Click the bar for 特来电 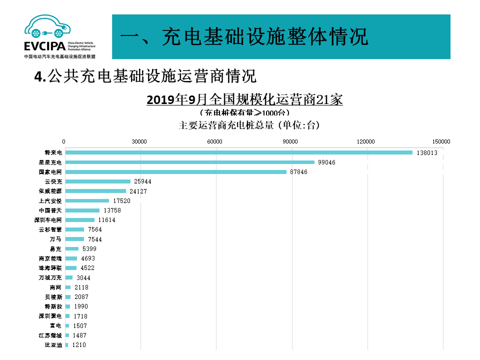[x=239, y=152]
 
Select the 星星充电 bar [x=190, y=162]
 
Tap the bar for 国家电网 [x=176, y=172]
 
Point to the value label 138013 [x=427, y=152]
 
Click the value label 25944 [x=142, y=181]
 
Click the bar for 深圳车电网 [x=80, y=220]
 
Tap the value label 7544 [x=95, y=239]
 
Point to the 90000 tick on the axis [x=291, y=141]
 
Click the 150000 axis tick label [x=442, y=141]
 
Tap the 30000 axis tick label [x=139, y=141]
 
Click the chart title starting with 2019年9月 [x=244, y=99]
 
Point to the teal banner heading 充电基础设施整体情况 [x=245, y=37]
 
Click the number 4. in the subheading [x=40, y=76]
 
